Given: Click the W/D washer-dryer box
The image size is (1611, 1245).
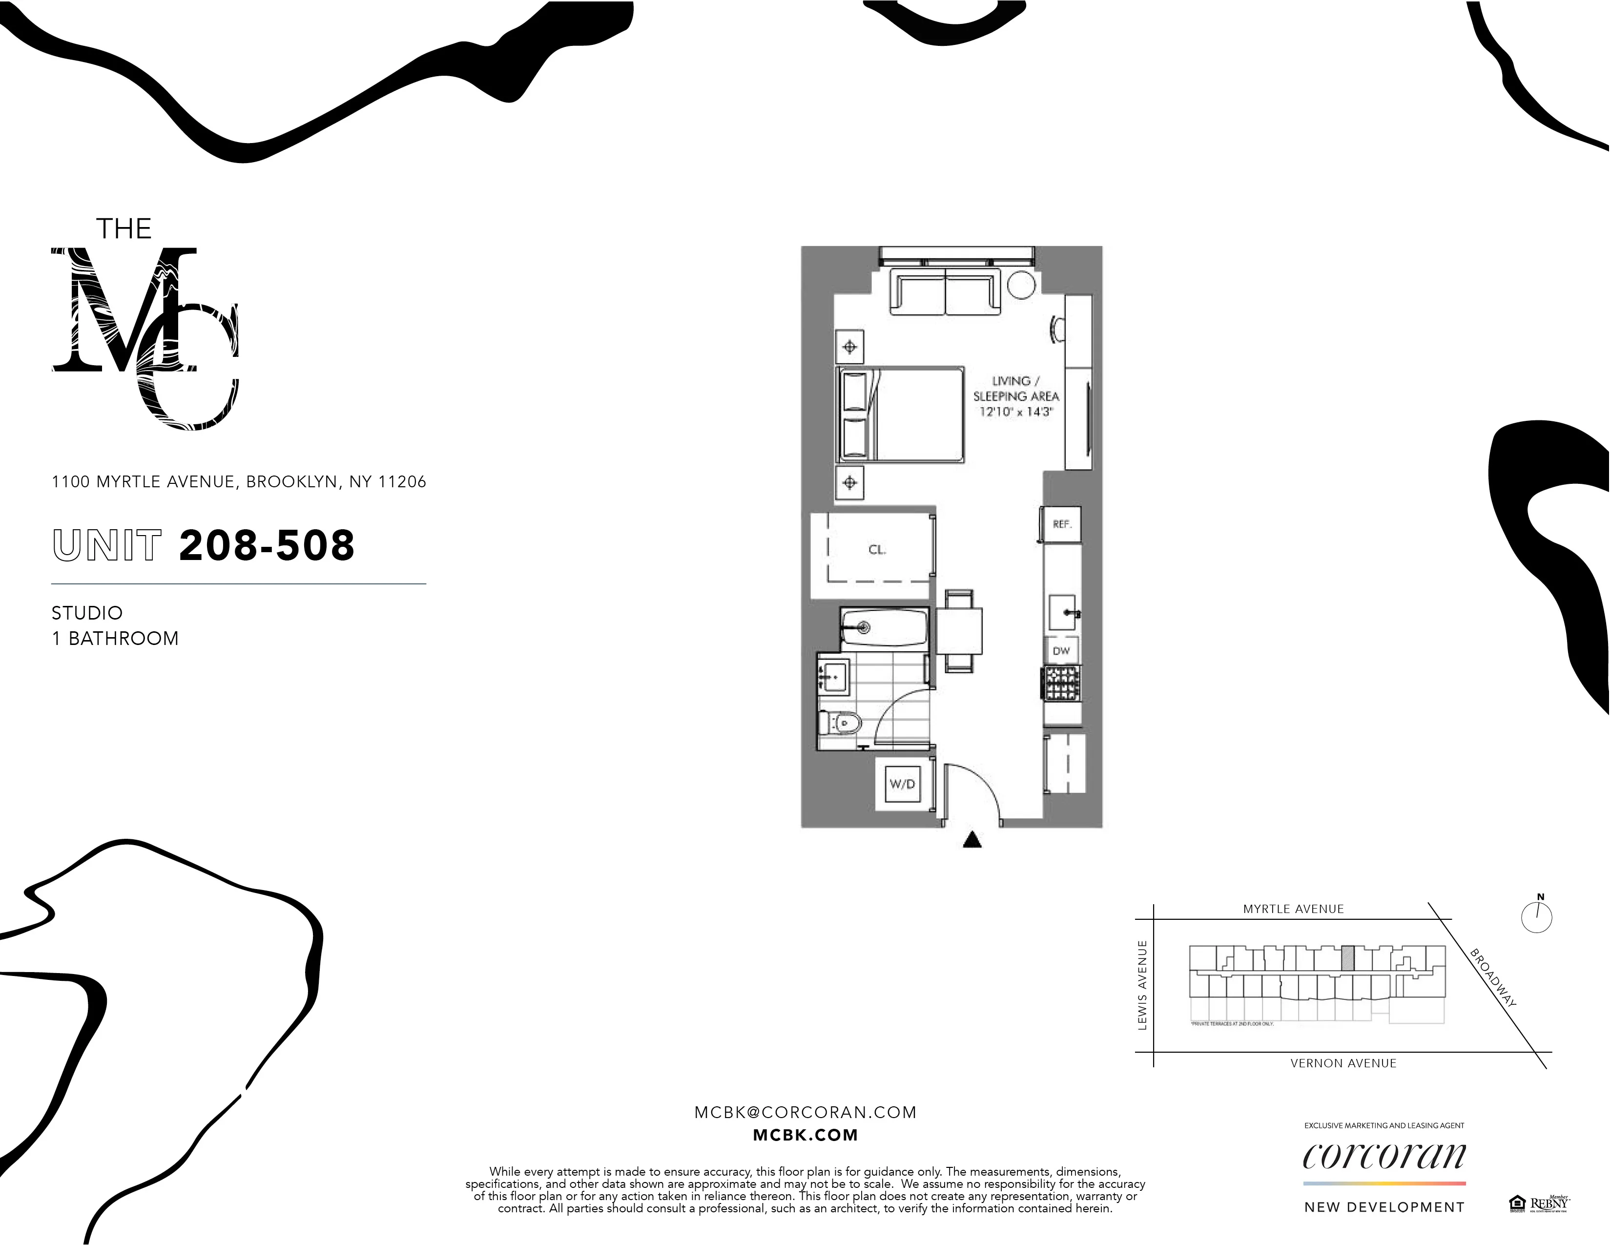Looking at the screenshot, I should pyautogui.click(x=901, y=784).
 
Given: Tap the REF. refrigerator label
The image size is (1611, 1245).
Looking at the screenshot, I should pyautogui.click(x=1061, y=524).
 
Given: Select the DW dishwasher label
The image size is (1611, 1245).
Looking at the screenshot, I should pyautogui.click(x=1061, y=650).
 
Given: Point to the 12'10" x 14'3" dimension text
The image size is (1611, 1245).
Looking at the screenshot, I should pyautogui.click(x=1016, y=412).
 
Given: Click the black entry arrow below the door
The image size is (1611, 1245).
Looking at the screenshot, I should pyautogui.click(x=972, y=839).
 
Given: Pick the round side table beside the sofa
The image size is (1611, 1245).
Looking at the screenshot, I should pyautogui.click(x=1022, y=284).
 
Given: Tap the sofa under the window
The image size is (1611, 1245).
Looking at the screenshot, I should pyautogui.click(x=946, y=292).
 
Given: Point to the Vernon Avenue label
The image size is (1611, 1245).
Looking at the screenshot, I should pyautogui.click(x=1343, y=1063).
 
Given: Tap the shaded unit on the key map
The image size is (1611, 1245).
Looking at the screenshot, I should pyautogui.click(x=1348, y=958).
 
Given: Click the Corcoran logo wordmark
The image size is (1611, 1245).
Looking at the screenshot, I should pyautogui.click(x=1384, y=1157).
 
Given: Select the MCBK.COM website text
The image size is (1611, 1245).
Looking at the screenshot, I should pyautogui.click(x=805, y=1136).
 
